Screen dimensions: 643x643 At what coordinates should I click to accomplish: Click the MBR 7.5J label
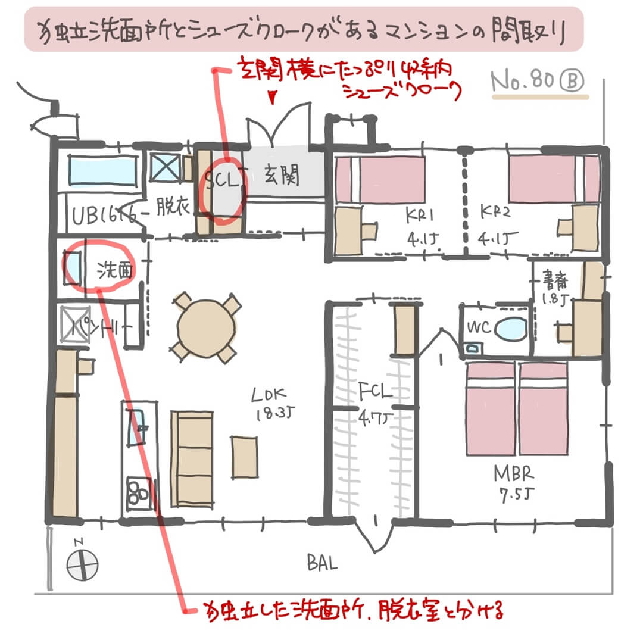[x=513, y=483]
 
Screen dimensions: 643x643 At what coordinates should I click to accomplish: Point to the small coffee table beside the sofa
[x=245, y=457]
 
